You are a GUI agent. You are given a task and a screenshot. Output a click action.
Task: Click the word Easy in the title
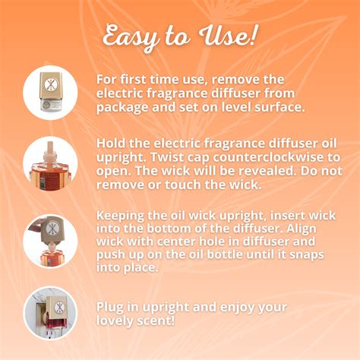click(131, 37)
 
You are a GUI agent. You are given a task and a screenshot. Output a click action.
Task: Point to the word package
click(122, 107)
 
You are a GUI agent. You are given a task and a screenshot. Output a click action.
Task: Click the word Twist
click(167, 157)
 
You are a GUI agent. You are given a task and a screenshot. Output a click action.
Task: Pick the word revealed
click(266, 171)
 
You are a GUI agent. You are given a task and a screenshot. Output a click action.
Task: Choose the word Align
click(302, 229)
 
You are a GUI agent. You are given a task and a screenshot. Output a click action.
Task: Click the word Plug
click(110, 307)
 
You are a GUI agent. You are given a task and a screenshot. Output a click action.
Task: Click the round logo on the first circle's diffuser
click(49, 84)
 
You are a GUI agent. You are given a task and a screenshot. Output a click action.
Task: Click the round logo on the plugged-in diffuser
click(59, 308)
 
